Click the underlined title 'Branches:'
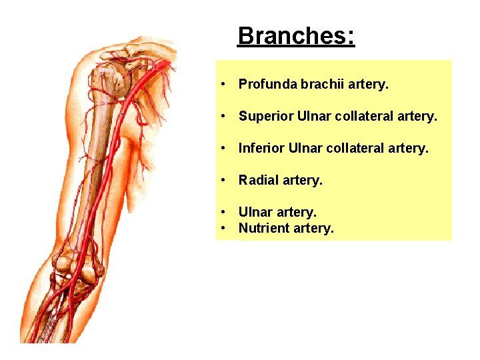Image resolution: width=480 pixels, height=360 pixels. pos(296,35)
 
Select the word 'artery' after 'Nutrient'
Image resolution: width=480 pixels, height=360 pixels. pos(313,228)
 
